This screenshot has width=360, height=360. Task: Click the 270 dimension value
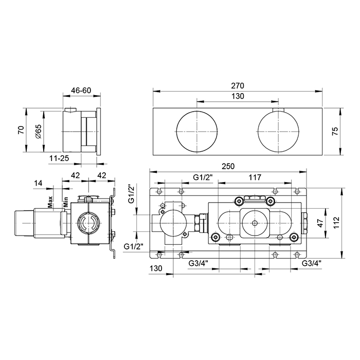(x=238, y=86)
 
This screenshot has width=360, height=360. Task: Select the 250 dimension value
(x=228, y=166)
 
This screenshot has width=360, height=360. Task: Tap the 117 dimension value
(x=255, y=177)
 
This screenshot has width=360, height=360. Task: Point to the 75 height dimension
(x=335, y=131)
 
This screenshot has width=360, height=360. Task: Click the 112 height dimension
(x=336, y=223)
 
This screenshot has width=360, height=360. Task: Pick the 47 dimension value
(x=320, y=223)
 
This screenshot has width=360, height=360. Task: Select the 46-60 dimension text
(x=81, y=91)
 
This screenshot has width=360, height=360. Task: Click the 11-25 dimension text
(x=59, y=158)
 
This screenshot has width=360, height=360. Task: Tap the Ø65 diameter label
(x=39, y=132)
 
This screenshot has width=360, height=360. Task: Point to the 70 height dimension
(x=21, y=130)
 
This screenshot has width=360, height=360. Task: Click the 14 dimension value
(x=39, y=183)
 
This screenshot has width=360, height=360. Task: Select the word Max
(x=50, y=202)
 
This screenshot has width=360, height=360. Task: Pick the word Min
(x=66, y=202)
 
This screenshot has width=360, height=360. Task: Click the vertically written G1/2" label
(x=132, y=193)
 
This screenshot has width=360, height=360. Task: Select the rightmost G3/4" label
(x=311, y=263)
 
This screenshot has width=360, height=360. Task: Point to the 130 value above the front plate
(x=238, y=96)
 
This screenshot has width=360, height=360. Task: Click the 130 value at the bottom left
(x=156, y=268)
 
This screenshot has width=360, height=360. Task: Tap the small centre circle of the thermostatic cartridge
(x=255, y=223)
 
